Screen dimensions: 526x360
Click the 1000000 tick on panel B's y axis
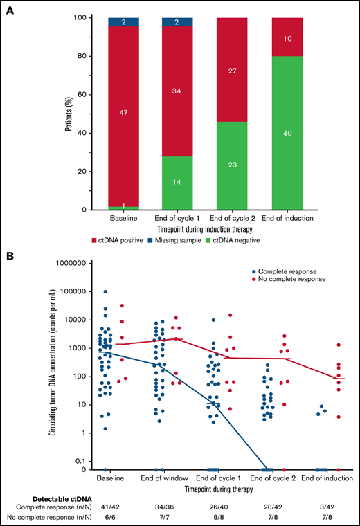point(66,264)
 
